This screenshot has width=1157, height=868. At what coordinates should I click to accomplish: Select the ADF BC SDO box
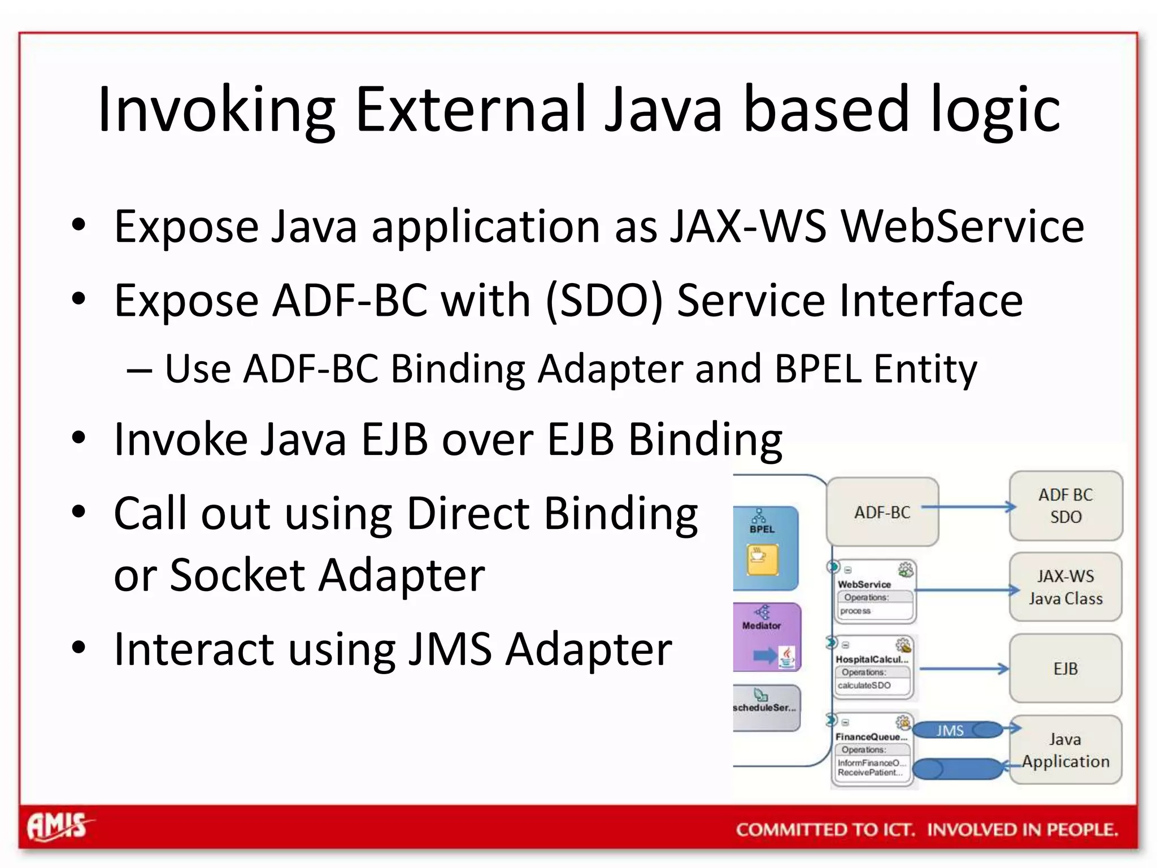1065,506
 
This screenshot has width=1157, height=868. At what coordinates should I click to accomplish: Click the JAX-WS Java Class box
1065,587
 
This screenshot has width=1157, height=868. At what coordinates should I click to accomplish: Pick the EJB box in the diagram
1065,669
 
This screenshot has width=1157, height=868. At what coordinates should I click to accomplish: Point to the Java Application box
1065,750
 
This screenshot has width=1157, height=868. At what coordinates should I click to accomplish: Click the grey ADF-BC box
882,512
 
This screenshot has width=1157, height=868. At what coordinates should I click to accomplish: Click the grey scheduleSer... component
765,707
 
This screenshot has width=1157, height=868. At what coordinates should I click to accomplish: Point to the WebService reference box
874,592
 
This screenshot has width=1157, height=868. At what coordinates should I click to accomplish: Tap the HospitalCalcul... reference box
873,668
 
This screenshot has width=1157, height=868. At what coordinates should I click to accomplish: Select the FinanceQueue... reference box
873,748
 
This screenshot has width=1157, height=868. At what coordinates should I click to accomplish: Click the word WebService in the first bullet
962,227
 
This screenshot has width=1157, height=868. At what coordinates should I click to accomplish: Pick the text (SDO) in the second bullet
604,301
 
